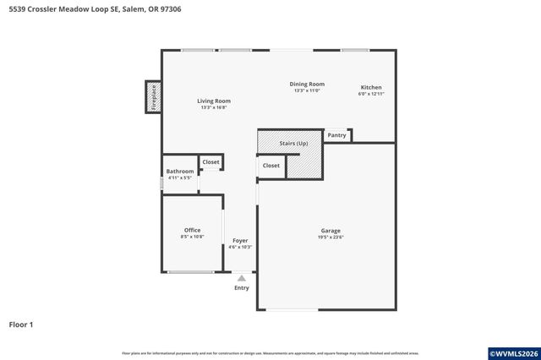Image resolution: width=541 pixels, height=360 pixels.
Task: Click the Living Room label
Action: pos(215,101)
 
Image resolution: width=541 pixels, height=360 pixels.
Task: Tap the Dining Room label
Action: pos(307,84)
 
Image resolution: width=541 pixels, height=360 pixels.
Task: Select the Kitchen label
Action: pos(371,87)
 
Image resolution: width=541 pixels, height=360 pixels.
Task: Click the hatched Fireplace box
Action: pos(154,97)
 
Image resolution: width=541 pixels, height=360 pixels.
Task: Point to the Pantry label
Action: pos(336,135)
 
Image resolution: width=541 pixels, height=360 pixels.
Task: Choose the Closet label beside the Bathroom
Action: pos(210,161)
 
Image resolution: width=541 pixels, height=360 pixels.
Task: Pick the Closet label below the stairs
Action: pos(270,166)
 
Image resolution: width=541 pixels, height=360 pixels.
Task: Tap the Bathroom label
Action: pos(180,172)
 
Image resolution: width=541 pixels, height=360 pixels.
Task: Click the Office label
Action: pos(192,230)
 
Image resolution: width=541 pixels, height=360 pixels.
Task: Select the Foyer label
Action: pos(240,241)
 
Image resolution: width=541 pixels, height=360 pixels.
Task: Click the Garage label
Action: pos(331,231)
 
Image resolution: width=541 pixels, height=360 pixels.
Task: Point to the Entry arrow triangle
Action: pos(242,277)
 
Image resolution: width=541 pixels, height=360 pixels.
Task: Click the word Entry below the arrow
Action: pos(242,288)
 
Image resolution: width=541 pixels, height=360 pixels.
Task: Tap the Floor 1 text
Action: pos(20,325)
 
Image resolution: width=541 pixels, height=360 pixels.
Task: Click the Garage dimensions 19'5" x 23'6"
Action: pos(331,237)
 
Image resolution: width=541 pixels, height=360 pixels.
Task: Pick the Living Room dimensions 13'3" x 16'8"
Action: pos(215,107)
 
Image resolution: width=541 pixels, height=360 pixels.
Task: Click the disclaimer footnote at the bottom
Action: pos(270,353)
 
